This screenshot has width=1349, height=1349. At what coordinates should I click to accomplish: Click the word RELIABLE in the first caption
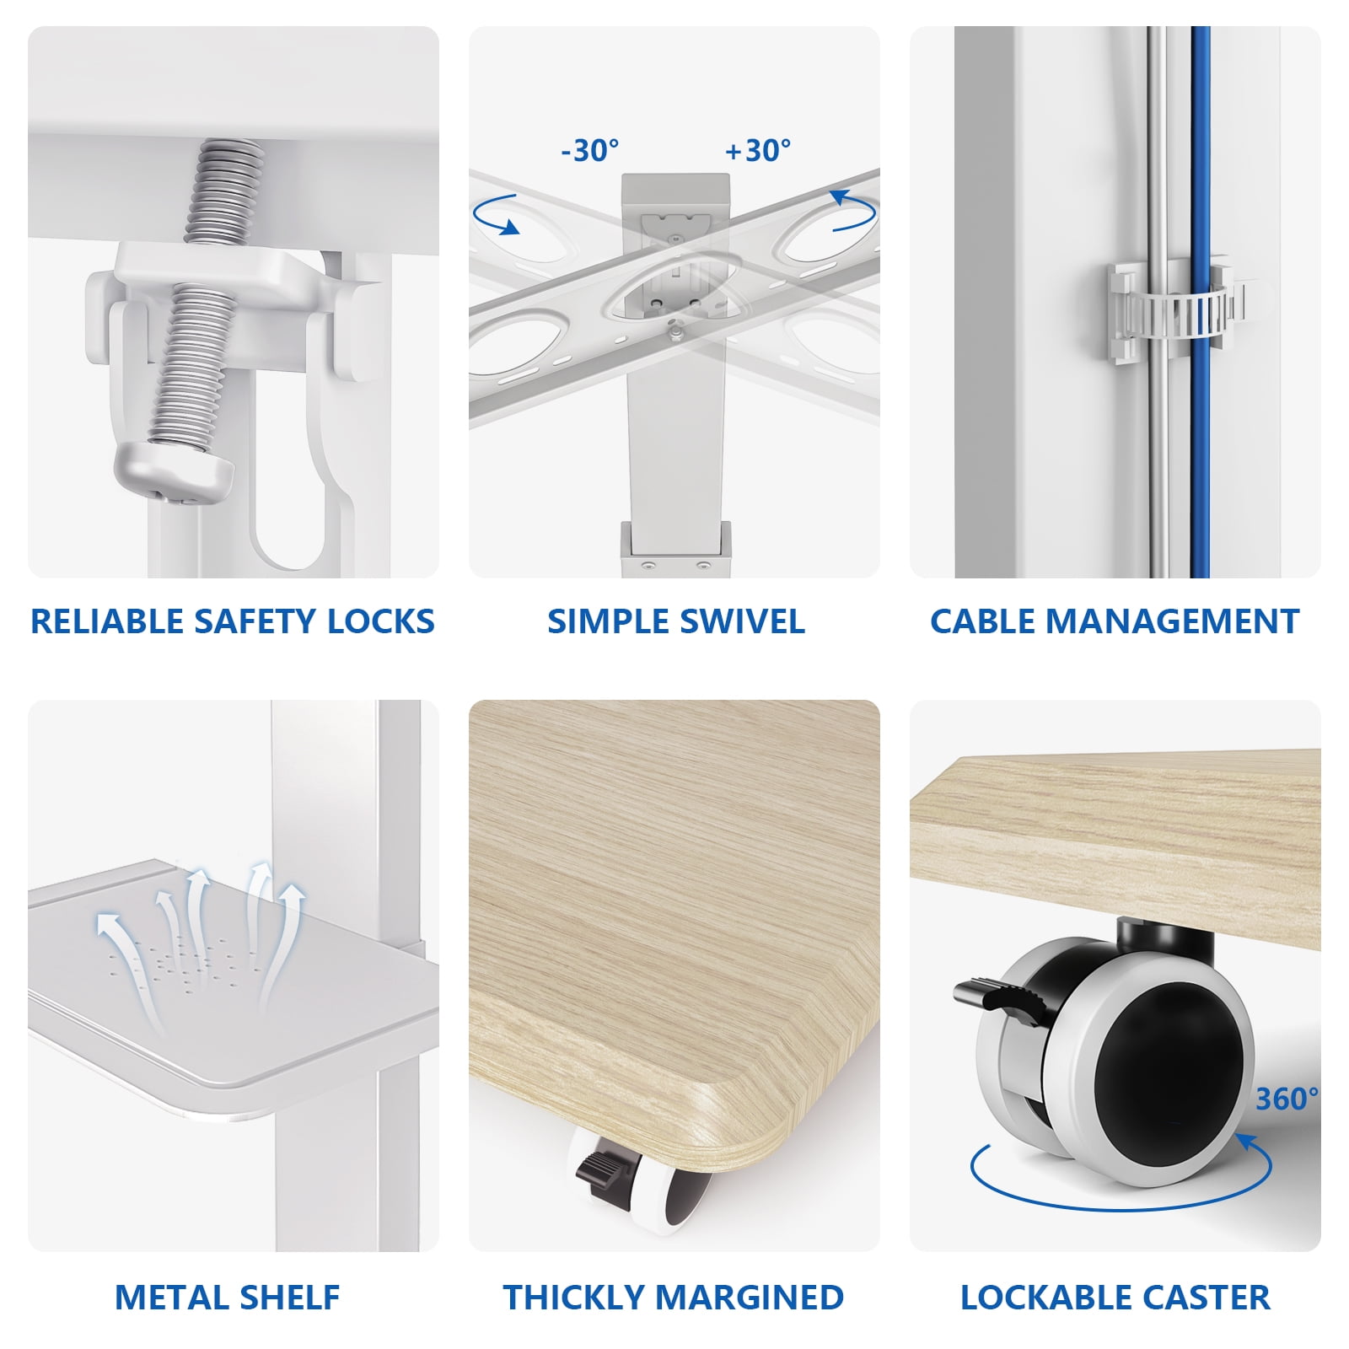click(x=107, y=621)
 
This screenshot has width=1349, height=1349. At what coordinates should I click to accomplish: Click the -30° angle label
click(x=590, y=151)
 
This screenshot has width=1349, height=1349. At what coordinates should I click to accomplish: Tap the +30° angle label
click(x=758, y=151)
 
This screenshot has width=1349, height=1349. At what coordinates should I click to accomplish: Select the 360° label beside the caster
click(x=1287, y=1099)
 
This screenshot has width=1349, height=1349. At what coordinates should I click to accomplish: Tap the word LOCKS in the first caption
click(x=380, y=621)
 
